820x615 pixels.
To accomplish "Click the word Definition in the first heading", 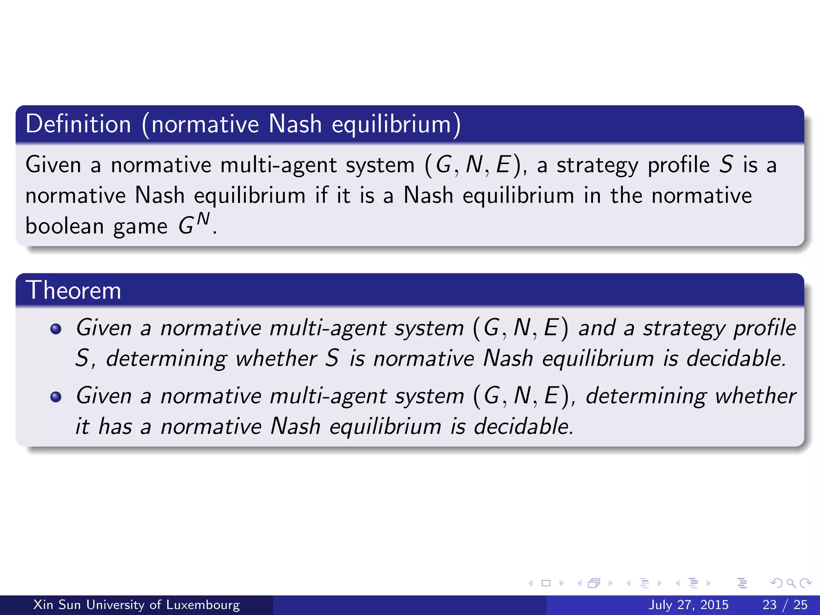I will click(78, 124).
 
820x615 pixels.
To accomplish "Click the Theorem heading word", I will click(73, 290).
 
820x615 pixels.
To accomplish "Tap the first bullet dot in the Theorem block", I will click(56, 329).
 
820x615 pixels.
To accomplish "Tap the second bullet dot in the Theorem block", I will click(56, 397).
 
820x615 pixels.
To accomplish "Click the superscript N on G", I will click(203, 219).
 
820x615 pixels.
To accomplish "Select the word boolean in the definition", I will click(64, 226).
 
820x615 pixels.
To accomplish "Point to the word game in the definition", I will click(140, 227).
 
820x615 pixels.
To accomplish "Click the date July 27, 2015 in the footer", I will click(688, 605).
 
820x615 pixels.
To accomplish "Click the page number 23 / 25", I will click(785, 605).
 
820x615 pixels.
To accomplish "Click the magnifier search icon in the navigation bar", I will click(791, 583).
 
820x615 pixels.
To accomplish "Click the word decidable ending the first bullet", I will click(736, 358).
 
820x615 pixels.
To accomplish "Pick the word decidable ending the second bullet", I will click(524, 426).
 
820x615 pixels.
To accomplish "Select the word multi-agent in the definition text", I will click(278, 165).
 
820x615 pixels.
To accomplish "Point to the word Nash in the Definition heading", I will click(295, 124).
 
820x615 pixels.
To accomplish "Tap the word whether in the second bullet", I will click(756, 396).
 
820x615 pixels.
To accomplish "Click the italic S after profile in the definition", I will click(726, 165).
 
